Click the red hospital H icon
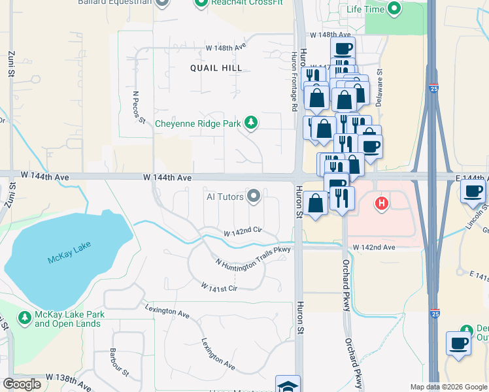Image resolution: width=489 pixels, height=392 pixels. click(382, 204)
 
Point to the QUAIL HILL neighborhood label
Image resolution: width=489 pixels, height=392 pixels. click(216, 68)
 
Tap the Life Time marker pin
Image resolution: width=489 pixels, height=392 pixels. click(394, 8)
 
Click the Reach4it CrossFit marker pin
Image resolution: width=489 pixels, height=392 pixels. click(201, 3)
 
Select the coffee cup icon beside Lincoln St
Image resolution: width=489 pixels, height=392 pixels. click(473, 191)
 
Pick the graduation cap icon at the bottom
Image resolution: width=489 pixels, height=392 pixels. click(288, 385)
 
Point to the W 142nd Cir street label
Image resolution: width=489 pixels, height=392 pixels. click(243, 232)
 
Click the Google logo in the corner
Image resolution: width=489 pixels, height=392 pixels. click(22, 384)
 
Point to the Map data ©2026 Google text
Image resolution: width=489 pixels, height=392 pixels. click(448, 387)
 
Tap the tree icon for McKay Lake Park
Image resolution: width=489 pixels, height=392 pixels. click(25, 318)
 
